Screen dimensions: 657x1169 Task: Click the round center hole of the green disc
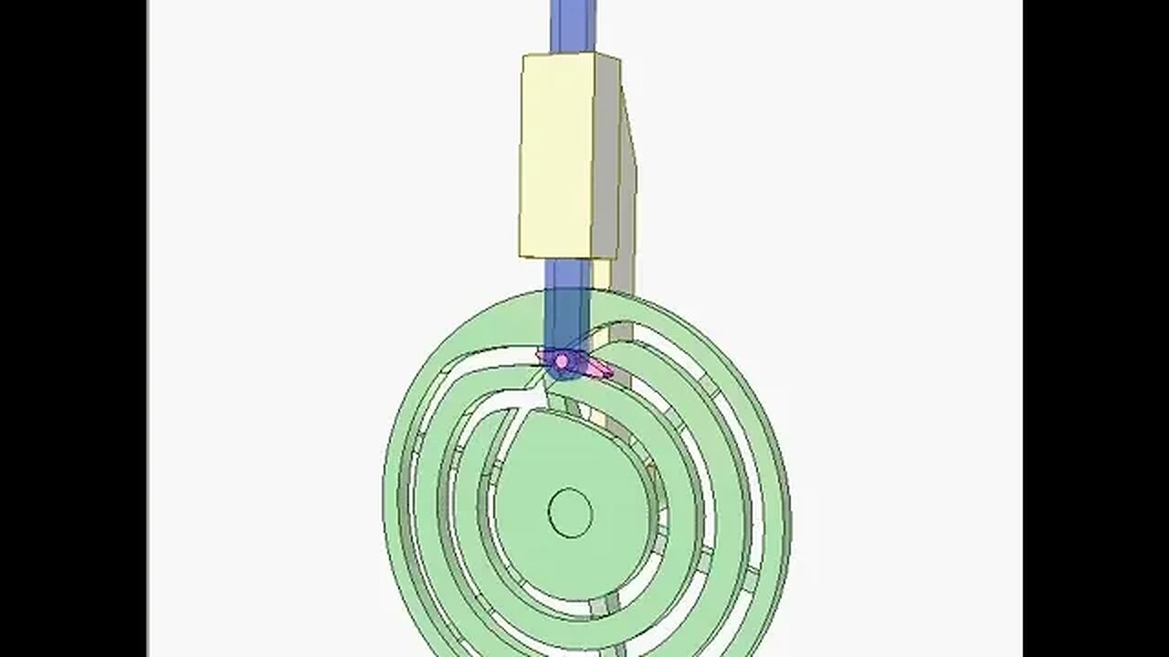570,512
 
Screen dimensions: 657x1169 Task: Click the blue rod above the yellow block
573,25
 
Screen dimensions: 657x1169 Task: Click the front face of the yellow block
557,155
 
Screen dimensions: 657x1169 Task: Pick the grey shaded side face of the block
606,155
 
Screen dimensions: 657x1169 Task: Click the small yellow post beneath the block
602,273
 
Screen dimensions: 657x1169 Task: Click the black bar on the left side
73,328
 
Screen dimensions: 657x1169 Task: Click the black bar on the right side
1096,328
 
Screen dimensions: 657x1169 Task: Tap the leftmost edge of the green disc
385,484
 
